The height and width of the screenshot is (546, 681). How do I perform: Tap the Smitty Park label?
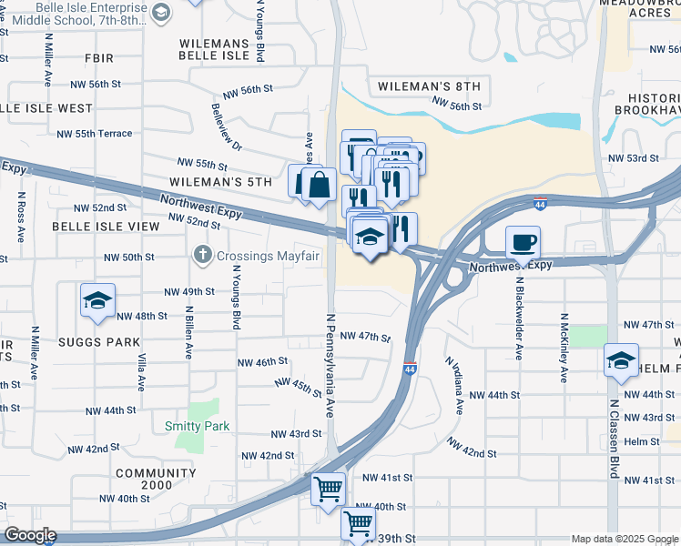pos(197,426)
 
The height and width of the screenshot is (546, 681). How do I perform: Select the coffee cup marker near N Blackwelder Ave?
pos(523,242)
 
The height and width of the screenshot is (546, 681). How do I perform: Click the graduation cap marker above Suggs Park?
pos(97,302)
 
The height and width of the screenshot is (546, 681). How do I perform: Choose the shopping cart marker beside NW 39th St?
pos(358,524)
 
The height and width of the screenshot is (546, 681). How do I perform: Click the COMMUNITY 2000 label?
pos(156,473)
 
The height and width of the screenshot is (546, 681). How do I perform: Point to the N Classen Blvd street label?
pos(614,439)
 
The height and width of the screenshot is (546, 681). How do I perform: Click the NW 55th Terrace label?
pos(94,134)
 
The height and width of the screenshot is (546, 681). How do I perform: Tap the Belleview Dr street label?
pos(227,126)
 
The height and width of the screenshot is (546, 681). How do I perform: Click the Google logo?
pos(29,536)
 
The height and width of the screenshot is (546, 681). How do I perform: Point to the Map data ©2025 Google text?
pos(625,539)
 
